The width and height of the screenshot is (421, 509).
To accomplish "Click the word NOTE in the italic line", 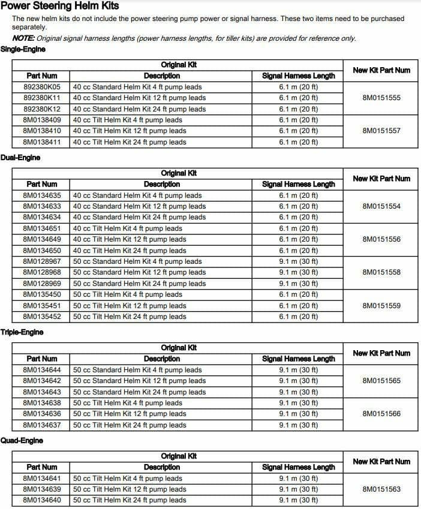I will point(22,38).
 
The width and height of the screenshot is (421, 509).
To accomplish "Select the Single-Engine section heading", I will point(23,49).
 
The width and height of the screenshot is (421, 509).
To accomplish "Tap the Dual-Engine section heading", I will point(21,158).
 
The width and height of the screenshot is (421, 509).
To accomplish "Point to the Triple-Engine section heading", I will point(22,332).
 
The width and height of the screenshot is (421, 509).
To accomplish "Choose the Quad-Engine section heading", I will point(22,441).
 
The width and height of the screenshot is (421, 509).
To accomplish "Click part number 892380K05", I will point(42,87).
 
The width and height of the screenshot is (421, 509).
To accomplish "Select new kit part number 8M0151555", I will point(381,98).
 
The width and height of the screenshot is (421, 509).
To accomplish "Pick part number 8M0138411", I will point(42,142).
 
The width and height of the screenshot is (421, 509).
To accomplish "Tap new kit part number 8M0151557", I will point(381,131).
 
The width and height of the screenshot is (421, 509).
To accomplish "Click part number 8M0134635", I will point(42,195).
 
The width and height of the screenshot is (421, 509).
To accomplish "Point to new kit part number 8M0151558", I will point(381,272).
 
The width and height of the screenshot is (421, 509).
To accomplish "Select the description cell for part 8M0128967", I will point(137,261).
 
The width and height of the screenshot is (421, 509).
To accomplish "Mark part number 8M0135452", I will point(42,317).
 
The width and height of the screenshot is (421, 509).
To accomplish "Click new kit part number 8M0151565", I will point(381,381).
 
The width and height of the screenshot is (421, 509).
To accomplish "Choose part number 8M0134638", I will point(42,403).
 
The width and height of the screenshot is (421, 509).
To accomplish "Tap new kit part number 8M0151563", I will point(381,489).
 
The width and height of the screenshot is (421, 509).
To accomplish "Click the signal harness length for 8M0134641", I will point(299,478).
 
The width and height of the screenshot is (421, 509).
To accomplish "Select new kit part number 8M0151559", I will point(381,306).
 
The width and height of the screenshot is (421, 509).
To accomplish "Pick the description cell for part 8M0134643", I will point(139,392).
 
